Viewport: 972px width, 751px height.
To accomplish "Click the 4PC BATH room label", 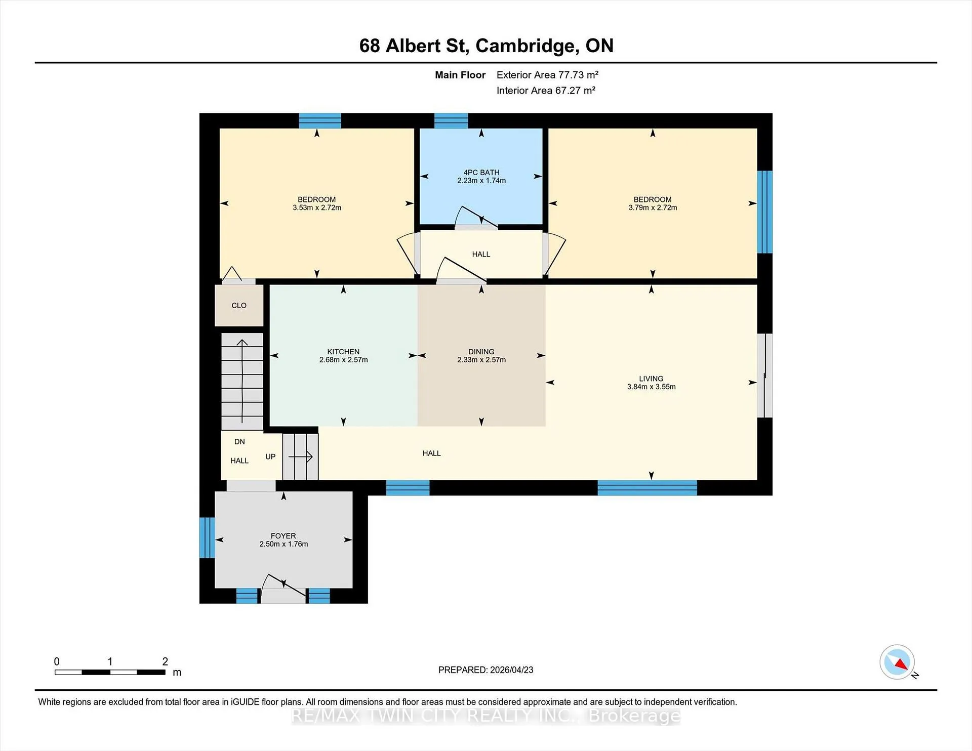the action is (481, 173).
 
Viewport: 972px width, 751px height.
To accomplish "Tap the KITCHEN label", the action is (343, 352).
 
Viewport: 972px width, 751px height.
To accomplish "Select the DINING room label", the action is (481, 352).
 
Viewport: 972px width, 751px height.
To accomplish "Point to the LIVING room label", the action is (651, 379).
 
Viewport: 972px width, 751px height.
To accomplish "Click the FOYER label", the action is (283, 536).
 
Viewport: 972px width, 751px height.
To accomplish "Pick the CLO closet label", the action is (239, 306).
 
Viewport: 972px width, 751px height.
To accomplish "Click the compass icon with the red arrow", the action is (898, 662).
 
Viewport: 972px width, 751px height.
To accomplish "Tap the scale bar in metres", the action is (110, 672).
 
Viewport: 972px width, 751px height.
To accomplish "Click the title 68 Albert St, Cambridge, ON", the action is (486, 46).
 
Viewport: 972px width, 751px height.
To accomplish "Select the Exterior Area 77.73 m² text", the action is (547, 75).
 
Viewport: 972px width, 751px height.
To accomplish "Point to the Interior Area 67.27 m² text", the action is (546, 91).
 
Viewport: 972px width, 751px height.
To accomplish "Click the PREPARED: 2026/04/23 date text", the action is (485, 670).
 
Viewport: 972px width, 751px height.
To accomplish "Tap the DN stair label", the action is (239, 442).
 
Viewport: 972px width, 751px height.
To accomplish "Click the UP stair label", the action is (270, 456).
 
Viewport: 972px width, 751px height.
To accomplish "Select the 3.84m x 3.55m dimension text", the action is (651, 387).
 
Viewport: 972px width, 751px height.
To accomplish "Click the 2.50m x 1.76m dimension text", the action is (283, 544).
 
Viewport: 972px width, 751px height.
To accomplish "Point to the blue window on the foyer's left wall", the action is (207, 537).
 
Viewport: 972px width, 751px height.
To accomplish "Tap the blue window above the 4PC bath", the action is (451, 120).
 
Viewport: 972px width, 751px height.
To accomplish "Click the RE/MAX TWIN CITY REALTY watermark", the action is (485, 716).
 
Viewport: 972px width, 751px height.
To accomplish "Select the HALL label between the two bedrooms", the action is (481, 254).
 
